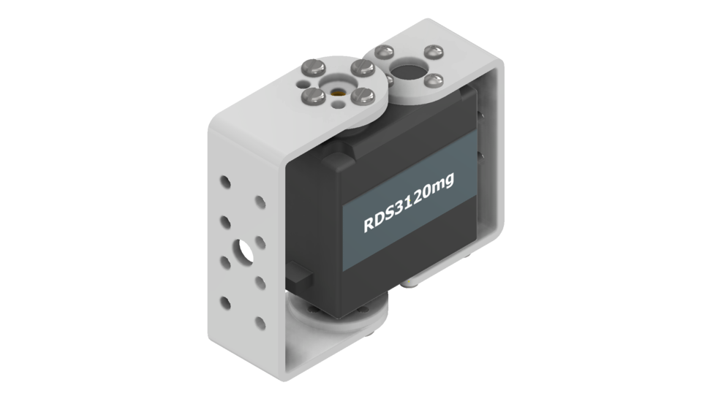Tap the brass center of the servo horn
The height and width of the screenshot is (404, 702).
[337, 93]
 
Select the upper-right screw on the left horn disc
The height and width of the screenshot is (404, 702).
[361, 67]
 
